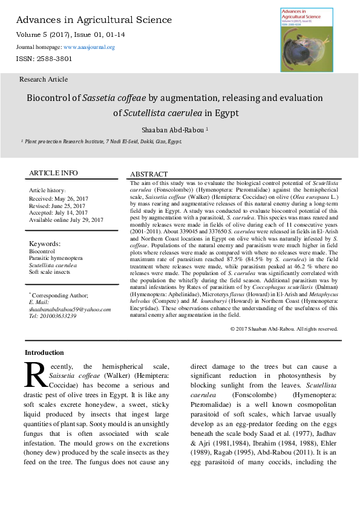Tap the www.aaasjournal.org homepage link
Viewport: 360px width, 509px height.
[89, 47]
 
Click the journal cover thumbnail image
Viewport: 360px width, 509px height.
[309, 40]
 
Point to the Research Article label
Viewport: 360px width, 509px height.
[44, 79]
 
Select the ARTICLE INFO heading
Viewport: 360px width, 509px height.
[53, 173]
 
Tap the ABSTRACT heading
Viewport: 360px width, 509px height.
[149, 174]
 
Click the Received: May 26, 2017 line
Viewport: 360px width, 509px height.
[59, 198]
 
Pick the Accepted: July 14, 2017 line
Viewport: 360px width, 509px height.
[58, 212]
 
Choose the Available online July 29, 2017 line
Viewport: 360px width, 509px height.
[67, 219]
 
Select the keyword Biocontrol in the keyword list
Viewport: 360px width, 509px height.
[42, 251]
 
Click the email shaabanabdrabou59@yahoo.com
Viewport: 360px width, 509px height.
[70, 310]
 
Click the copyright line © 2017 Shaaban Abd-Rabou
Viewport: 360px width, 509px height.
[284, 329]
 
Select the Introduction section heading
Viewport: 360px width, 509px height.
[44, 352]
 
